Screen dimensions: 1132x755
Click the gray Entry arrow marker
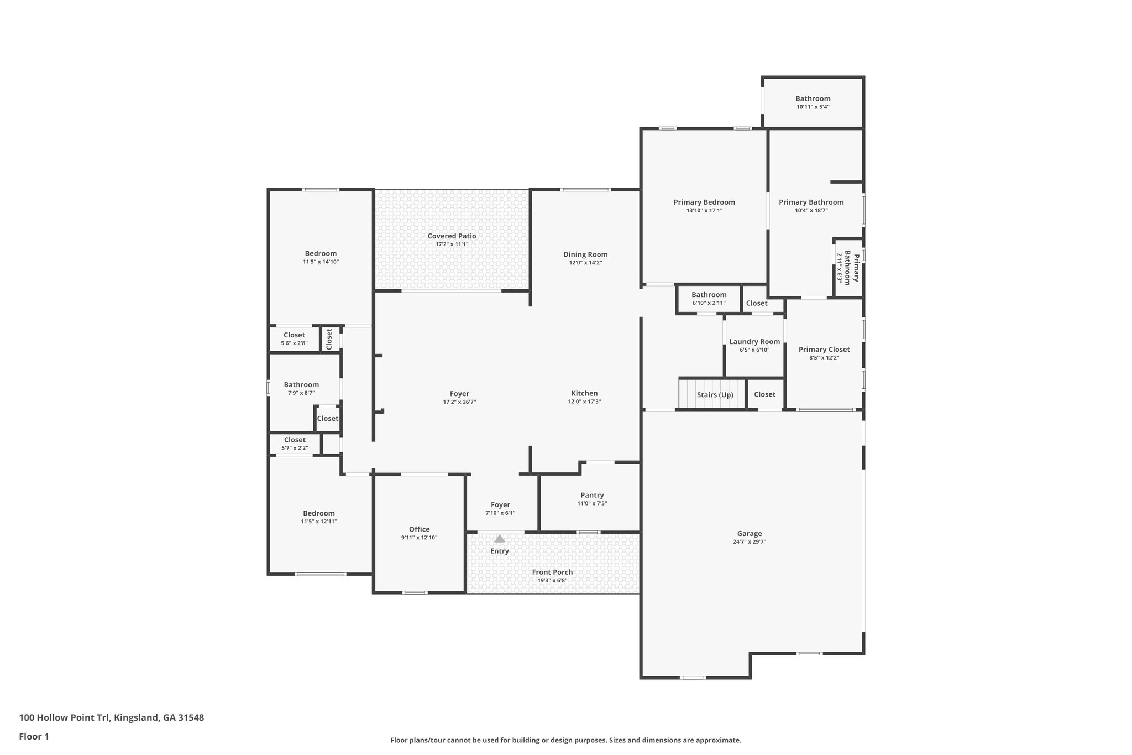500,538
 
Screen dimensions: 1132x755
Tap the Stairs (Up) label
715,395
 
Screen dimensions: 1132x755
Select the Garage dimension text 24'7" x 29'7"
749,542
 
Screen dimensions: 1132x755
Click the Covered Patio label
452,236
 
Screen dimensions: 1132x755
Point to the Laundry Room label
754,342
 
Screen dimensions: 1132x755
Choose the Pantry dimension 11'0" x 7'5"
592,503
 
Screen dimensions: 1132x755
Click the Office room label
419,529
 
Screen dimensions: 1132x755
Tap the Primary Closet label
824,350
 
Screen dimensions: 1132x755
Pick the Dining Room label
585,254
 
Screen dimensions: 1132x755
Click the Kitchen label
584,394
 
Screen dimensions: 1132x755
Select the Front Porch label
552,572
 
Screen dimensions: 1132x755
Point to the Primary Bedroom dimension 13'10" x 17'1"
704,210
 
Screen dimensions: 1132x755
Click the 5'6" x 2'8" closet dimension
294,343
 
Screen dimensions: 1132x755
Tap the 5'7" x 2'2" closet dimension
295,448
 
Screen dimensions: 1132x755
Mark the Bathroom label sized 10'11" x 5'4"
813,98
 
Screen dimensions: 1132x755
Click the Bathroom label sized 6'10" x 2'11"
709,295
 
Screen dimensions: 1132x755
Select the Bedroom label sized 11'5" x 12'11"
319,513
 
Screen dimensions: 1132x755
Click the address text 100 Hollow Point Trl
65,718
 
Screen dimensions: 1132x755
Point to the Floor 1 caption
34,737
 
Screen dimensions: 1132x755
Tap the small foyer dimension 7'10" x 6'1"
500,513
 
